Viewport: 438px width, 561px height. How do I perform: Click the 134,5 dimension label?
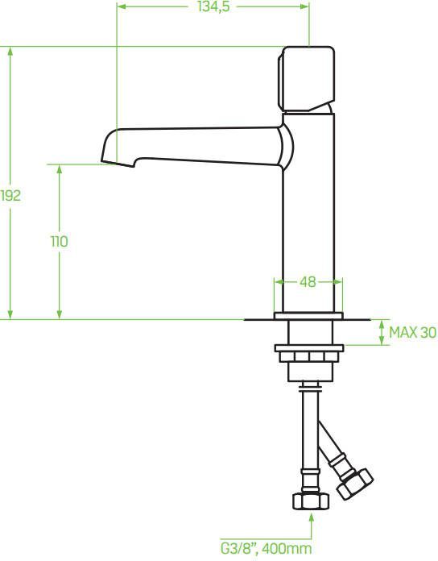pyautogui.click(x=213, y=6)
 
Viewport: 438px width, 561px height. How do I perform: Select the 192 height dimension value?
pyautogui.click(x=10, y=195)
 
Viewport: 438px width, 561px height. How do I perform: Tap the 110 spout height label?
pyautogui.click(x=60, y=242)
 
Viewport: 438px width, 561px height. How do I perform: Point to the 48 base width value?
pyautogui.click(x=308, y=282)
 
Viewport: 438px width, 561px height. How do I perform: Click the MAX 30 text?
pyautogui.click(x=412, y=332)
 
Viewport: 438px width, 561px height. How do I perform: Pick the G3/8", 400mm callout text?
pyautogui.click(x=267, y=548)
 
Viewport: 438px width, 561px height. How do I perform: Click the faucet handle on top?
pyautogui.click(x=307, y=79)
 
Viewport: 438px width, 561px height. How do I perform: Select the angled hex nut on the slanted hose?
pyautogui.click(x=355, y=484)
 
